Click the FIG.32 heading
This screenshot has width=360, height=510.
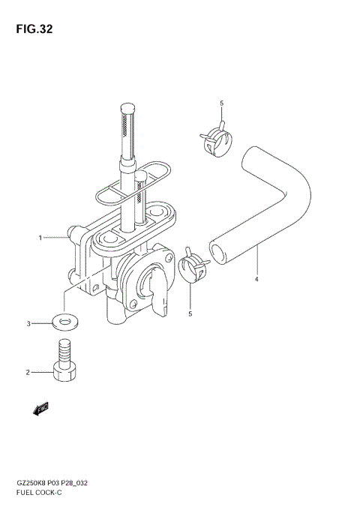[x=34, y=29]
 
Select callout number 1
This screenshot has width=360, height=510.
[x=40, y=238]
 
